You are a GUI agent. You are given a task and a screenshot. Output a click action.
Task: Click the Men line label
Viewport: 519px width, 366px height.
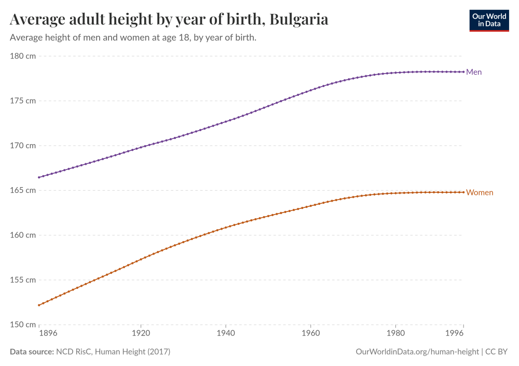click(474, 72)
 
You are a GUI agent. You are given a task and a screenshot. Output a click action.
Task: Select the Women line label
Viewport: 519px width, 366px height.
click(480, 192)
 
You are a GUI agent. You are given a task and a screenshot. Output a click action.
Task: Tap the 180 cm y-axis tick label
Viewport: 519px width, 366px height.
click(22, 56)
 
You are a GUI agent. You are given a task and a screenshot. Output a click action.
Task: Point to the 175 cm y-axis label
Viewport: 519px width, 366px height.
click(22, 101)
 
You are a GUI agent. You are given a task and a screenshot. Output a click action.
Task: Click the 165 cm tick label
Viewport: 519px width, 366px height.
click(22, 190)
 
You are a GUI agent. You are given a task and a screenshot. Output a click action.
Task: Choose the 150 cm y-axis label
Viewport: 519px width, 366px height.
click(22, 325)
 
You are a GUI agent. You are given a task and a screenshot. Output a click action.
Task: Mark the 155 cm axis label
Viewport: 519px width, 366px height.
click(22, 280)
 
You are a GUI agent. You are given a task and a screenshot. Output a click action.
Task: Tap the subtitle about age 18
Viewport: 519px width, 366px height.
click(133, 38)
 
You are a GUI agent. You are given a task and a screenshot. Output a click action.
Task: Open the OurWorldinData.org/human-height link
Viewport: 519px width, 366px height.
click(417, 351)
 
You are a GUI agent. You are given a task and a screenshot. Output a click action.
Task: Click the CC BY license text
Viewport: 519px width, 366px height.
click(497, 351)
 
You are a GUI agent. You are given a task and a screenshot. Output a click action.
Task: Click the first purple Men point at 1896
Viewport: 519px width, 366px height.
click(39, 177)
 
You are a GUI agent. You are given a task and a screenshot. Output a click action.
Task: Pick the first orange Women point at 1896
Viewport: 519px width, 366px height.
click(39, 305)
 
